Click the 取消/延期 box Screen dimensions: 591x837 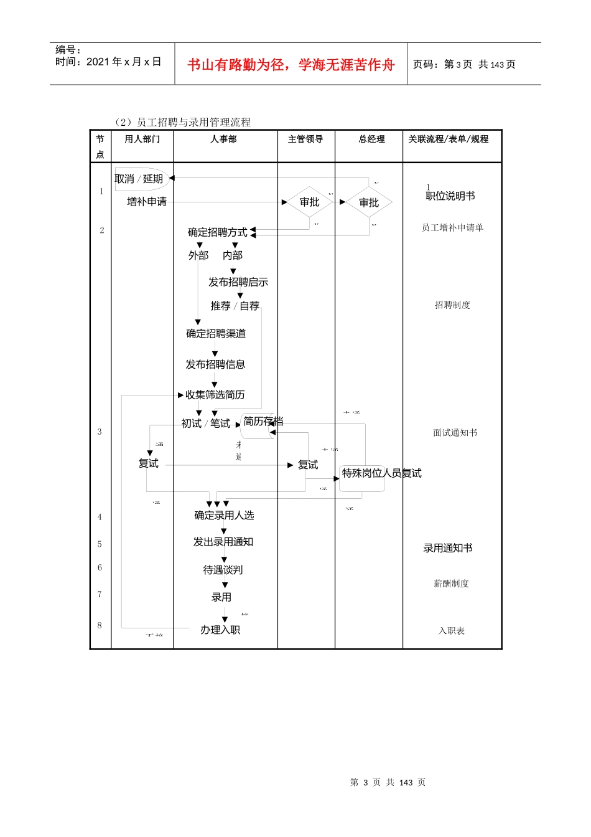pyautogui.click(x=140, y=179)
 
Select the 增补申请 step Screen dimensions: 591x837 pyautogui.click(x=147, y=202)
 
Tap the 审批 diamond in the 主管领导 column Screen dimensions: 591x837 pyautogui.click(x=309, y=202)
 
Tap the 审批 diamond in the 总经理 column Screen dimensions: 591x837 pyautogui.click(x=369, y=202)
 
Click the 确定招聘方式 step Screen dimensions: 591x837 pyautogui.click(x=218, y=232)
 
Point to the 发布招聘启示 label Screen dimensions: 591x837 pyautogui.click(x=238, y=282)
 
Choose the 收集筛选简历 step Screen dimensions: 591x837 pyautogui.click(x=215, y=395)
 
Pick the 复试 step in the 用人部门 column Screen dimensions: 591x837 pyautogui.click(x=149, y=463)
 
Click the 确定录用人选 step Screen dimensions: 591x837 pyautogui.click(x=224, y=516)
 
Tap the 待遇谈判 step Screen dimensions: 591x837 pyautogui.click(x=223, y=570)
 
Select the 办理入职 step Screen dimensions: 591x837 pyautogui.click(x=220, y=630)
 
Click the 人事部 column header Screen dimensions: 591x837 pyautogui.click(x=223, y=139)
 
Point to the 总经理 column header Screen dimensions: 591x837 pyautogui.click(x=371, y=139)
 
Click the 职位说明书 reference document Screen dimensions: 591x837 pyautogui.click(x=450, y=196)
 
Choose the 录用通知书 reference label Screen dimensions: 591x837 pyautogui.click(x=448, y=548)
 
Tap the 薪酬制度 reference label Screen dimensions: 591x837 pyautogui.click(x=451, y=584)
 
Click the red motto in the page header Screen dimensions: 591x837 pyautogui.click(x=291, y=65)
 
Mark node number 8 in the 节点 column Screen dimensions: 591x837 pyautogui.click(x=100, y=625)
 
